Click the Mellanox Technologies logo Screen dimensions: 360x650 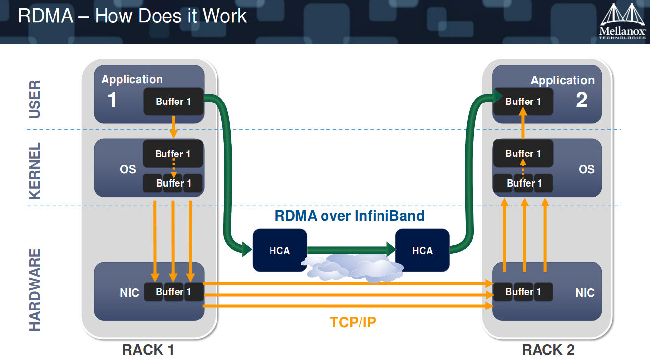(x=623, y=22)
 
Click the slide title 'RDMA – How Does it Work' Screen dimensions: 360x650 (x=132, y=16)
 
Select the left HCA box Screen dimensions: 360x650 (x=279, y=251)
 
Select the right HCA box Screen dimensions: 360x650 (x=422, y=251)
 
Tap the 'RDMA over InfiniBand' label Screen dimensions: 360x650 (x=349, y=216)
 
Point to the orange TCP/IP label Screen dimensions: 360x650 (x=353, y=322)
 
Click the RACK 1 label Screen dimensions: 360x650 (x=148, y=350)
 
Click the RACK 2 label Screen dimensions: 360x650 (x=548, y=350)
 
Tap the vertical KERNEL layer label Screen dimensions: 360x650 (x=35, y=171)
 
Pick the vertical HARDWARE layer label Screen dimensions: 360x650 (x=35, y=290)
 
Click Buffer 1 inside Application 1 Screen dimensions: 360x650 (x=173, y=102)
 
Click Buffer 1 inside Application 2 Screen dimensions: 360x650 (x=523, y=102)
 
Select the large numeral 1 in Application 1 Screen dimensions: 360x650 (x=112, y=100)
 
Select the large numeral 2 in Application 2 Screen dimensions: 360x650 (x=581, y=100)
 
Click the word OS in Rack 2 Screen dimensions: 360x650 (x=586, y=169)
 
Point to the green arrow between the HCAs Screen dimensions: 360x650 (x=349, y=250)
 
